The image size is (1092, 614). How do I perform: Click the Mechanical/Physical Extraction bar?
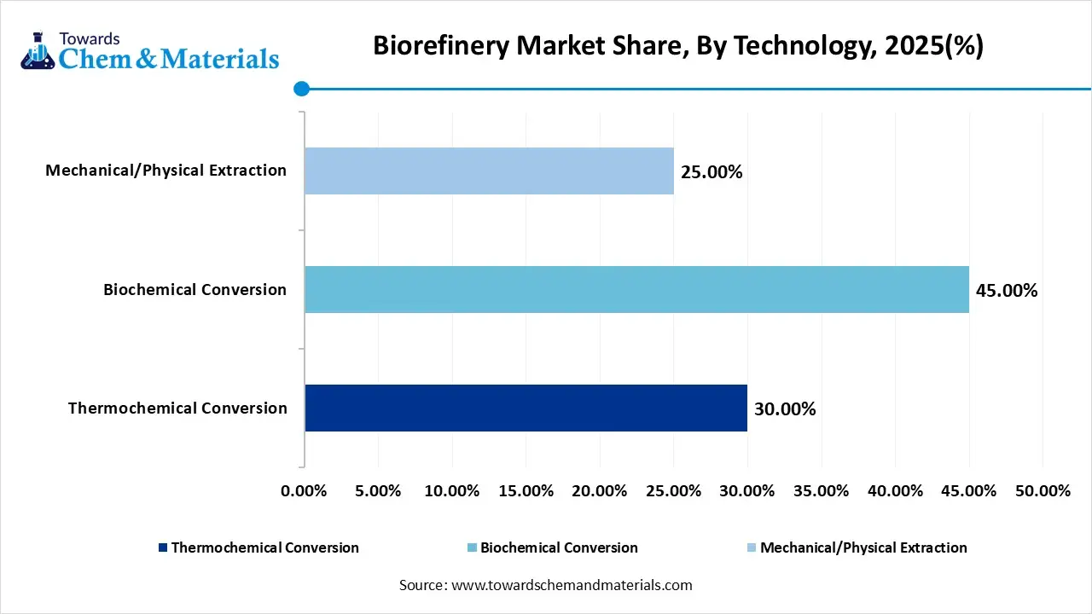489,171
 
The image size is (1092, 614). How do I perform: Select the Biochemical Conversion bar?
636,289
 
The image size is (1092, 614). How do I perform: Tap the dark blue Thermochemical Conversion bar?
526,408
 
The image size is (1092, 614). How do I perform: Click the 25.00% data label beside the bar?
712,172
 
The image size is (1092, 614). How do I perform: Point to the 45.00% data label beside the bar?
1007,291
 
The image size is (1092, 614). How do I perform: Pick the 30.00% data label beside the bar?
785,409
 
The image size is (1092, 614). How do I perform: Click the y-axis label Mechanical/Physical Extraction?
166,170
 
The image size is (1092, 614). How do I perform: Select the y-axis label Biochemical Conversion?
195,289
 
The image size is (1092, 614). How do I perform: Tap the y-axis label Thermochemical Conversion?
177,408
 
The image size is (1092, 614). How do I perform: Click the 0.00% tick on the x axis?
304,491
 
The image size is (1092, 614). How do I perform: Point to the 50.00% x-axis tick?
1043,491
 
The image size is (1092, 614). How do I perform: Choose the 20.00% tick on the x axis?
600,491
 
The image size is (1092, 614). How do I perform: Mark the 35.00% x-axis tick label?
821,491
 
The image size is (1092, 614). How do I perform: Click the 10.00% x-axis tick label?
451,491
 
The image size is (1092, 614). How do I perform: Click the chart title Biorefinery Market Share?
678,46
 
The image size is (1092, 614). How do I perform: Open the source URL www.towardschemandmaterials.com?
571,585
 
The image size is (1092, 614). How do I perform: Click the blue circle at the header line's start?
301,89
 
